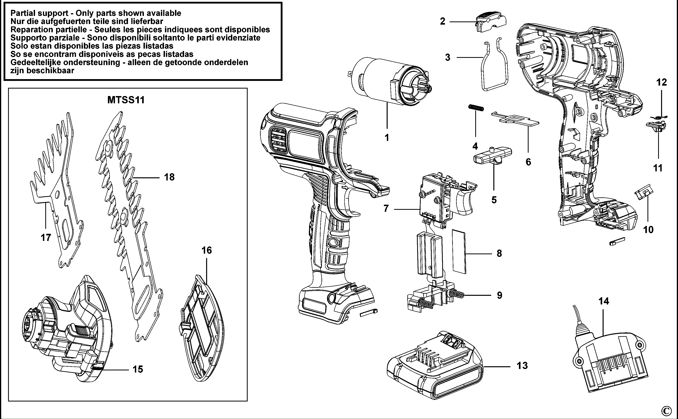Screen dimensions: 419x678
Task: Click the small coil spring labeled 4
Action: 476,108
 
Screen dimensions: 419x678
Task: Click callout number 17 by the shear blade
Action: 46,238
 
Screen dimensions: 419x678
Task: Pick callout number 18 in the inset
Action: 169,177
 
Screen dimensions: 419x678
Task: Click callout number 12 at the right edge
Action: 662,82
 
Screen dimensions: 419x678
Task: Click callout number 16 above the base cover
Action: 207,251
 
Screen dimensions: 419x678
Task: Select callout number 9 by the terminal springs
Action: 499,295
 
